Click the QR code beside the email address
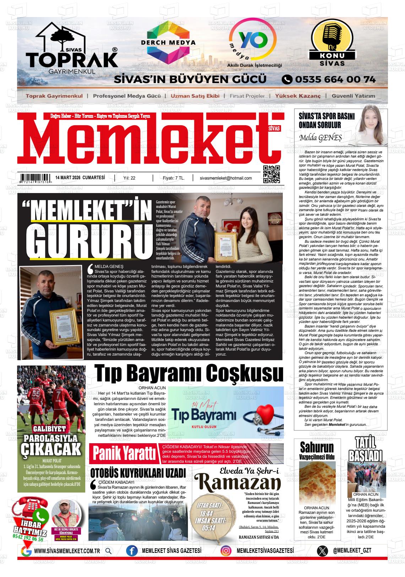[x=271, y=174]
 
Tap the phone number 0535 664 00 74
[x=329, y=79]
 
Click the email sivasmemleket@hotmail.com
[x=226, y=178]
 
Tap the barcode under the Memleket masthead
[x=35, y=178]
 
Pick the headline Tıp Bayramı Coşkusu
[x=189, y=373]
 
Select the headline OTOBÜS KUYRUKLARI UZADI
[x=138, y=473]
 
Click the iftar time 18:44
[x=206, y=513]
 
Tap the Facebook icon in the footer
[x=132, y=551]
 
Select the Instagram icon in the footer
[x=226, y=551]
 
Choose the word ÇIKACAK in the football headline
[x=51, y=449]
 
